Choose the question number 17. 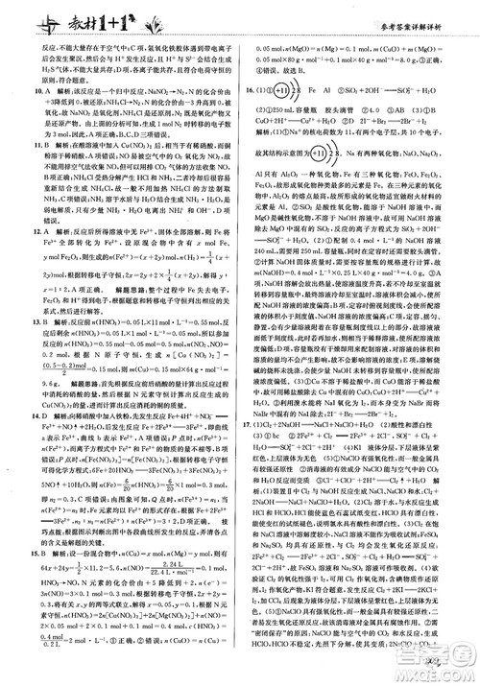248,447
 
